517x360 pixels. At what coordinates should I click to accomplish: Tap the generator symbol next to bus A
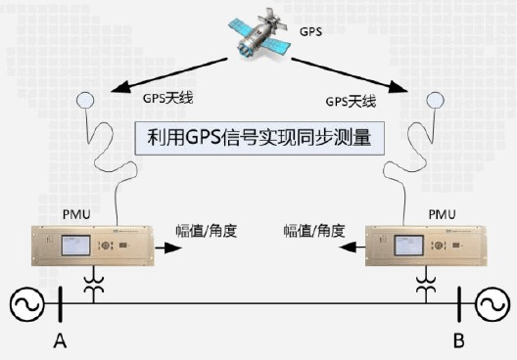27,306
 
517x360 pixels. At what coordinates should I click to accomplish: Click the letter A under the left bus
60,340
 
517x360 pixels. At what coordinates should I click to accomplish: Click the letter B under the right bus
457,340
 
